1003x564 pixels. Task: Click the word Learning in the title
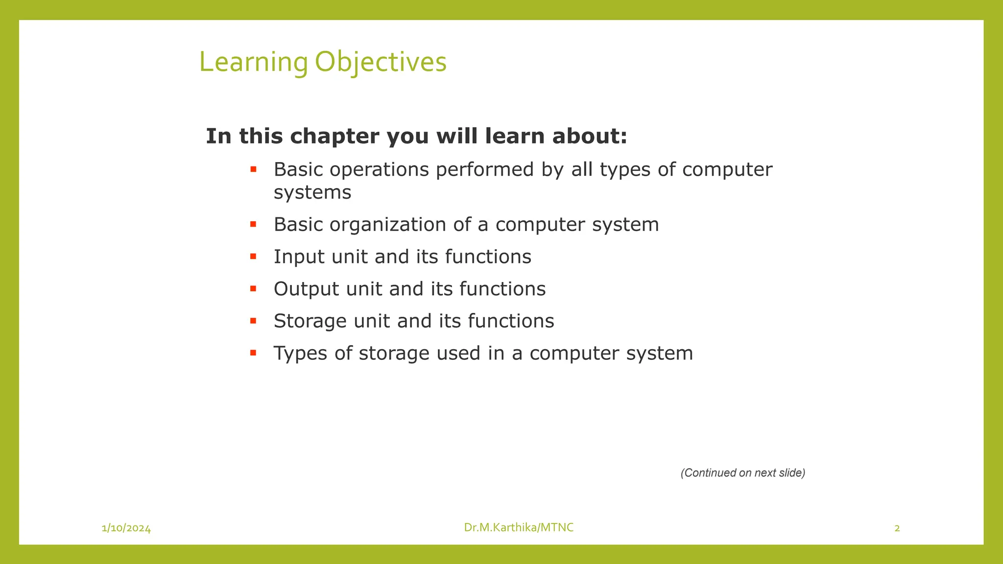pyautogui.click(x=253, y=63)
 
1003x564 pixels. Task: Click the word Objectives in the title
pyautogui.click(x=381, y=63)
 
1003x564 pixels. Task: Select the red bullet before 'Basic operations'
pyautogui.click(x=253, y=169)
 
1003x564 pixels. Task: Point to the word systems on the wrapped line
pyautogui.click(x=312, y=192)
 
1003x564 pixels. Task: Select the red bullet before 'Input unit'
pyautogui.click(x=253, y=256)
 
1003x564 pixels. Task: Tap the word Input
pyautogui.click(x=299, y=257)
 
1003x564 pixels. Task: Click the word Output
pyautogui.click(x=306, y=289)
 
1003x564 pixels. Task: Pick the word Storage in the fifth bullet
pyautogui.click(x=310, y=321)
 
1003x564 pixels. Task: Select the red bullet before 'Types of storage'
pyautogui.click(x=253, y=352)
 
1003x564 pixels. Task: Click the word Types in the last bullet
pyautogui.click(x=300, y=353)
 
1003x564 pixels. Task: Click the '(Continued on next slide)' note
pyautogui.click(x=743, y=473)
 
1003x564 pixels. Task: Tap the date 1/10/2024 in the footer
pyautogui.click(x=126, y=528)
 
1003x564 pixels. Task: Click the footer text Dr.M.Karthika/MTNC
pyautogui.click(x=519, y=527)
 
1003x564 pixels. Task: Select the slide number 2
pyautogui.click(x=897, y=528)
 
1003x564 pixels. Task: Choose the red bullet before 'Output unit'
pyautogui.click(x=253, y=288)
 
